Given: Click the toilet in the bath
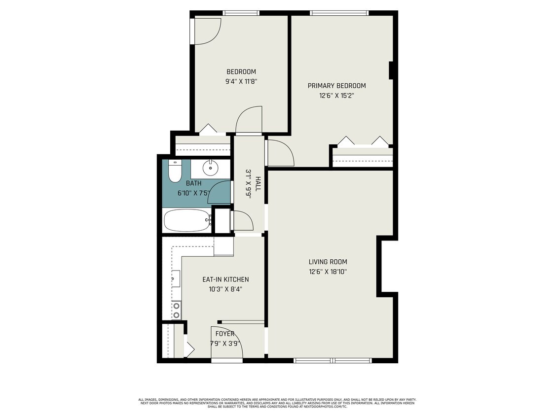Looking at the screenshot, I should (175, 171).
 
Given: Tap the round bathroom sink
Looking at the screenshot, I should (211, 168).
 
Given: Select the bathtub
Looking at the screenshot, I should (186, 220).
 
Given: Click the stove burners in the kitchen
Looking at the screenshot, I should (176, 310).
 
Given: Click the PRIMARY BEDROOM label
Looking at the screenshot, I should (336, 86).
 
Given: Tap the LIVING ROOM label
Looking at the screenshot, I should (328, 262).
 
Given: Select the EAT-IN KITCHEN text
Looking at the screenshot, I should (225, 279).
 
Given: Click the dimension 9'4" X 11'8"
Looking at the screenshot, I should (241, 81).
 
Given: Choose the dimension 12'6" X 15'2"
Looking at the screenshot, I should (336, 96).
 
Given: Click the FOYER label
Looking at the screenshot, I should (225, 334).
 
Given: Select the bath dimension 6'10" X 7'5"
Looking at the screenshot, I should (194, 193).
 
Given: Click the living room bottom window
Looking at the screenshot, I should (333, 360).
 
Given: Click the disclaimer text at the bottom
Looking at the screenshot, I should (277, 403).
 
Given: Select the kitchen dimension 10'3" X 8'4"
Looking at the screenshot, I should (225, 289).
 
